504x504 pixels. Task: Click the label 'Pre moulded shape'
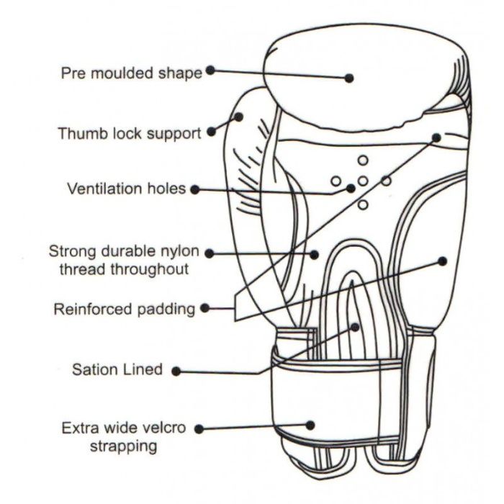tap(131, 73)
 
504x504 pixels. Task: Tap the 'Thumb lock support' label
tap(130, 134)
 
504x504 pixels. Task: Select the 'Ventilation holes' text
tap(127, 189)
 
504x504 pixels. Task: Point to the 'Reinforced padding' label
tap(125, 310)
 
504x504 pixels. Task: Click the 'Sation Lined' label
tap(117, 370)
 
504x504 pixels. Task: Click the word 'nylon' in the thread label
tap(174, 252)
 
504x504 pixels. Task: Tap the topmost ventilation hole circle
tap(363, 159)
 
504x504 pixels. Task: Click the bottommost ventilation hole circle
tap(363, 205)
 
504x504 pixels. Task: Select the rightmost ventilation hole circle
tap(386, 181)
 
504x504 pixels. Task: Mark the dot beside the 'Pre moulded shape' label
tap(210, 70)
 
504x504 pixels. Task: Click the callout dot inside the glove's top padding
tap(349, 78)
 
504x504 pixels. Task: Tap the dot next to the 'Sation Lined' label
tap(176, 371)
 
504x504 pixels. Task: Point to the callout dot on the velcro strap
tap(312, 425)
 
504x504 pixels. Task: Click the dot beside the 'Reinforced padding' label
tap(204, 308)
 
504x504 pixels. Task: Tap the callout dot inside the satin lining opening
tap(355, 326)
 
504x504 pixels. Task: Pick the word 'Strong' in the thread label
tap(71, 252)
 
